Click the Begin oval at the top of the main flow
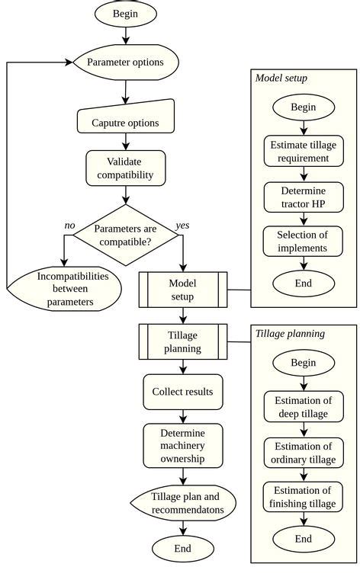(x=126, y=14)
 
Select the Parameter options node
(x=125, y=62)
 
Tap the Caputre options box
(x=125, y=122)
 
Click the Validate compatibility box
(x=125, y=168)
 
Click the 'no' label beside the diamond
(x=69, y=226)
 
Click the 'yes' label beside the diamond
(x=183, y=226)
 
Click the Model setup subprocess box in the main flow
(x=182, y=289)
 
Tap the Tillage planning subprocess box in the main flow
(x=182, y=341)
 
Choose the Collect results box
(x=182, y=392)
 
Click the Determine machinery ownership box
(x=182, y=446)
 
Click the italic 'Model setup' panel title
(x=281, y=78)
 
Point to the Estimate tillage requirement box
(x=303, y=152)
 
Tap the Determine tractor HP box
(x=303, y=197)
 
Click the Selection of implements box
(x=303, y=241)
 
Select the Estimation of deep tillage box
(x=303, y=407)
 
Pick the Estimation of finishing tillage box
(x=303, y=497)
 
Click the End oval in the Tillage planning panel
(x=303, y=540)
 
